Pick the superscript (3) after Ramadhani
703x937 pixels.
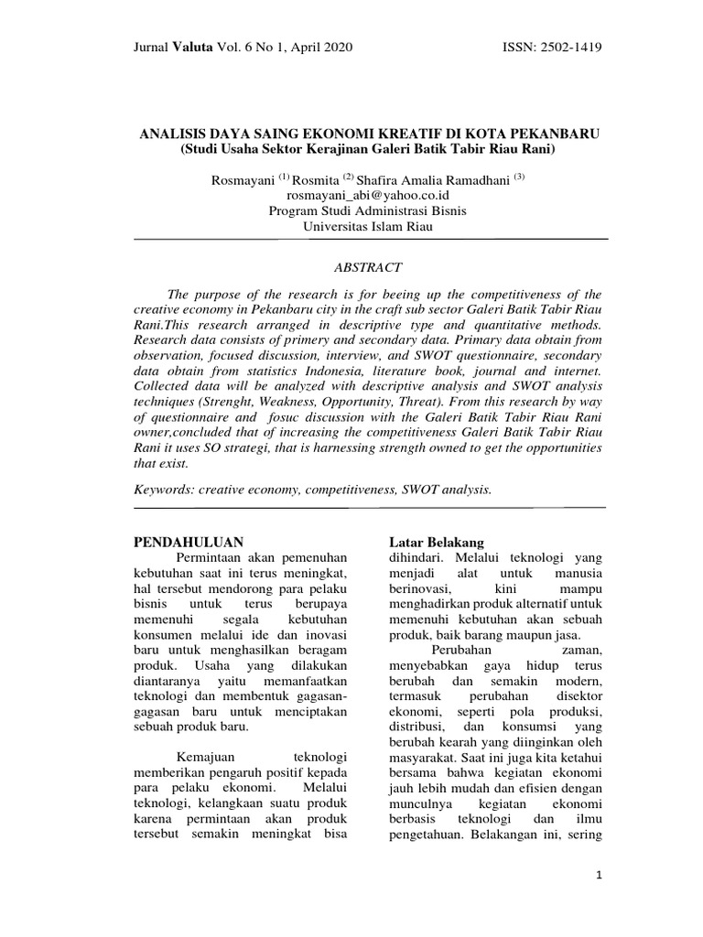(x=519, y=177)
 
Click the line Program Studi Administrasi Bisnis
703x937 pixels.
(x=368, y=210)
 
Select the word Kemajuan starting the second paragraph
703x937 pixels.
(x=202, y=758)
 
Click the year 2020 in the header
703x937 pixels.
(x=335, y=48)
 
